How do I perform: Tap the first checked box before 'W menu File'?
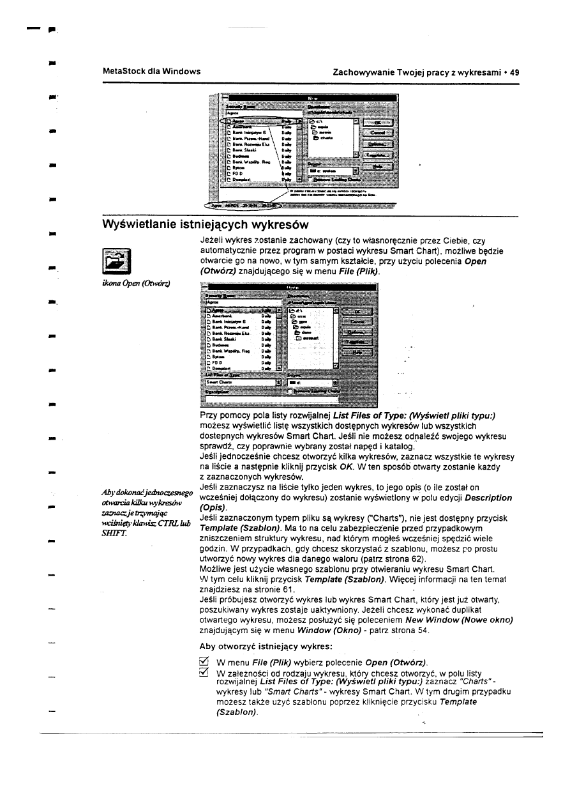pyautogui.click(x=205, y=661)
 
